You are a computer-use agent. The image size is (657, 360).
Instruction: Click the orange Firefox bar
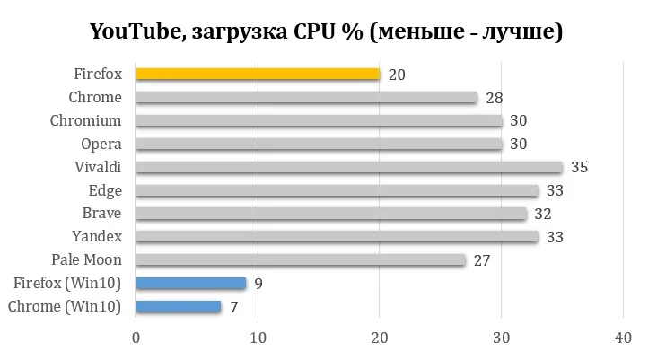point(258,74)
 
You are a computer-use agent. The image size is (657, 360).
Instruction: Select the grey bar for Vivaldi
point(349,167)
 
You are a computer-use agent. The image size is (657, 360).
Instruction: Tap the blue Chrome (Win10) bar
point(179,307)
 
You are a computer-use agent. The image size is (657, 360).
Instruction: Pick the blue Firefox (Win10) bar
point(190,284)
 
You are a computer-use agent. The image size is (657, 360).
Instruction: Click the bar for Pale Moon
point(301,260)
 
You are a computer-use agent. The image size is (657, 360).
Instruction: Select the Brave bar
point(331,214)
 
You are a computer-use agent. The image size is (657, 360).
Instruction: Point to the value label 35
point(580,167)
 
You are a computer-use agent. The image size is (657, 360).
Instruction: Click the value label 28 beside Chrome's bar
point(495,97)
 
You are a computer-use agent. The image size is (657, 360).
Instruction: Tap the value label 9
point(258,284)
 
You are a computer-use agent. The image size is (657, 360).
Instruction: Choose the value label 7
point(234,307)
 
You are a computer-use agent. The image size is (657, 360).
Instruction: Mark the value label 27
point(483,260)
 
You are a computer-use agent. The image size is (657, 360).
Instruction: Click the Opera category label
point(101,144)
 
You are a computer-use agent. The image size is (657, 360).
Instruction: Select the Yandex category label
point(97,237)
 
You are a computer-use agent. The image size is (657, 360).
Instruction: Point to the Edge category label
point(105,190)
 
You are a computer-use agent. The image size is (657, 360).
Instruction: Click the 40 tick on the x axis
point(623,338)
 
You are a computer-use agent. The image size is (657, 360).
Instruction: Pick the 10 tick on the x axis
point(258,338)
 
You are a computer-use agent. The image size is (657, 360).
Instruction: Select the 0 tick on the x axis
point(136,338)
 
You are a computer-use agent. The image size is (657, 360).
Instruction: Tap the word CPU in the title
point(315,32)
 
